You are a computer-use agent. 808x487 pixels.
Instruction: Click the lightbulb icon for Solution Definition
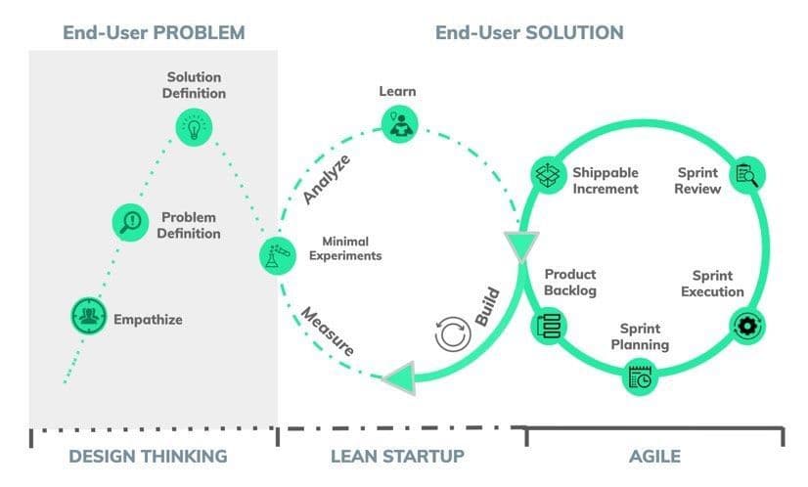click(193, 126)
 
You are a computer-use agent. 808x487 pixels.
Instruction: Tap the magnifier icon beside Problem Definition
click(130, 223)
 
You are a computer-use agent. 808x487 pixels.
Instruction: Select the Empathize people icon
click(88, 316)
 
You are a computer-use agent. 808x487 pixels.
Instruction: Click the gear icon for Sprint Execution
click(747, 324)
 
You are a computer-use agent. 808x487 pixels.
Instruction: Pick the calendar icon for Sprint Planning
click(641, 376)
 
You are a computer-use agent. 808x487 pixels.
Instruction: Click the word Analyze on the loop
click(327, 179)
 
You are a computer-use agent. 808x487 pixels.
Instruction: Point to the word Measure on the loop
click(328, 332)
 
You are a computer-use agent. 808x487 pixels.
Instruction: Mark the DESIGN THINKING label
click(149, 457)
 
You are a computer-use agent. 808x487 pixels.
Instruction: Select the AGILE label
click(655, 457)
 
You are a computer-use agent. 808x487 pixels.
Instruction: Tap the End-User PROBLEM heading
click(154, 32)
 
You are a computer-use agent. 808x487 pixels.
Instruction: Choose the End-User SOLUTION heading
click(529, 32)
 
